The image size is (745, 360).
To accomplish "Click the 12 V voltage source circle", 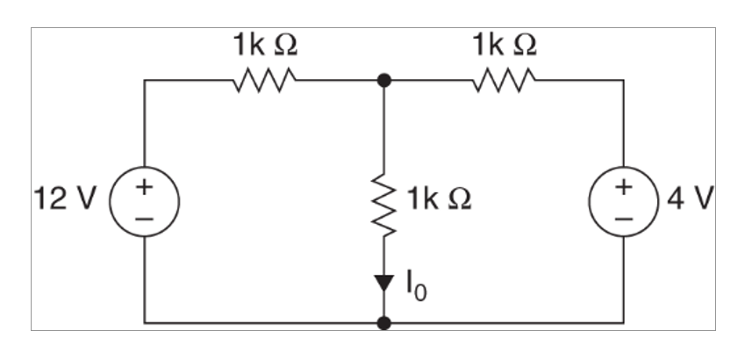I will pyautogui.click(x=144, y=201).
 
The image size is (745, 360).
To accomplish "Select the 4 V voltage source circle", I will pyautogui.click(x=624, y=201).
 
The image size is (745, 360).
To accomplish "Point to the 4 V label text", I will pyautogui.click(x=691, y=199).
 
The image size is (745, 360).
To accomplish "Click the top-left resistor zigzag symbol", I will pyautogui.click(x=264, y=81).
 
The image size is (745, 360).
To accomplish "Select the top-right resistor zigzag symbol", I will pyautogui.click(x=504, y=81).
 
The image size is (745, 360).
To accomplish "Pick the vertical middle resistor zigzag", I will pyautogui.click(x=384, y=205).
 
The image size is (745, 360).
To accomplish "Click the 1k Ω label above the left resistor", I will pyautogui.click(x=264, y=45).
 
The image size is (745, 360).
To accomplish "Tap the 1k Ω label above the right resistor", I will pyautogui.click(x=504, y=45).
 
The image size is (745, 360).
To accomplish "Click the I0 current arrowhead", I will pyautogui.click(x=384, y=284).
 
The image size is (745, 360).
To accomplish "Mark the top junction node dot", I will pyautogui.click(x=384, y=80).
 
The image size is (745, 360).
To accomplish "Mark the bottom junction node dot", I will pyautogui.click(x=384, y=323).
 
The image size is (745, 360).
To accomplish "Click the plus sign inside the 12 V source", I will pyautogui.click(x=144, y=187).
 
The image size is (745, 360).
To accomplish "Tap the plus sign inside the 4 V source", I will pyautogui.click(x=624, y=187).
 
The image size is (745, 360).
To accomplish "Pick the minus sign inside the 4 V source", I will pyautogui.click(x=624, y=216).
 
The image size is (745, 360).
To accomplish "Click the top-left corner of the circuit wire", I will pyautogui.click(x=145, y=80).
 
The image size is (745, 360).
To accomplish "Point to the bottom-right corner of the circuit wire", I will pyautogui.click(x=624, y=323).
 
